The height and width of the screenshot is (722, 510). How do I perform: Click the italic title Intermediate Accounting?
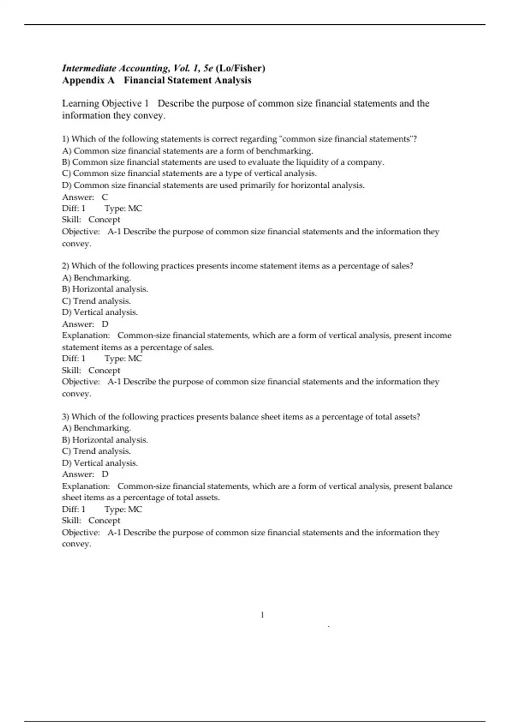(x=115, y=68)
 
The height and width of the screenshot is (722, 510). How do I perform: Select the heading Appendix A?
(x=88, y=80)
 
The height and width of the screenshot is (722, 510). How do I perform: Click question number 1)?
(x=66, y=139)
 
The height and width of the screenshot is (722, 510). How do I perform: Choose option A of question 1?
(x=187, y=151)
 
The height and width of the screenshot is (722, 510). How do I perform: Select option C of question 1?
(x=189, y=173)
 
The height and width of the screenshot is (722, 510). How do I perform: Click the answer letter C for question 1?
(x=105, y=197)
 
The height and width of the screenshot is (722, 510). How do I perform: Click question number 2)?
(x=66, y=266)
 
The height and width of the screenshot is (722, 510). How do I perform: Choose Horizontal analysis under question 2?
(x=110, y=289)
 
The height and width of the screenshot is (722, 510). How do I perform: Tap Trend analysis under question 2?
(x=102, y=301)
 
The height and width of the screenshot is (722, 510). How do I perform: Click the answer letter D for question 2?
(x=105, y=324)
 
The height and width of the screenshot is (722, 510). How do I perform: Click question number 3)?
(x=66, y=417)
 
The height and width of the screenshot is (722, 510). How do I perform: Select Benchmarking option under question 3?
(x=102, y=428)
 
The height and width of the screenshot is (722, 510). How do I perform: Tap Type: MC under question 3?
(x=123, y=509)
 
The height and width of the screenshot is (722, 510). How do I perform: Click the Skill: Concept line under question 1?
(x=91, y=220)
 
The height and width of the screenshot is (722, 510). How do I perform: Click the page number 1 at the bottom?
(x=262, y=615)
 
